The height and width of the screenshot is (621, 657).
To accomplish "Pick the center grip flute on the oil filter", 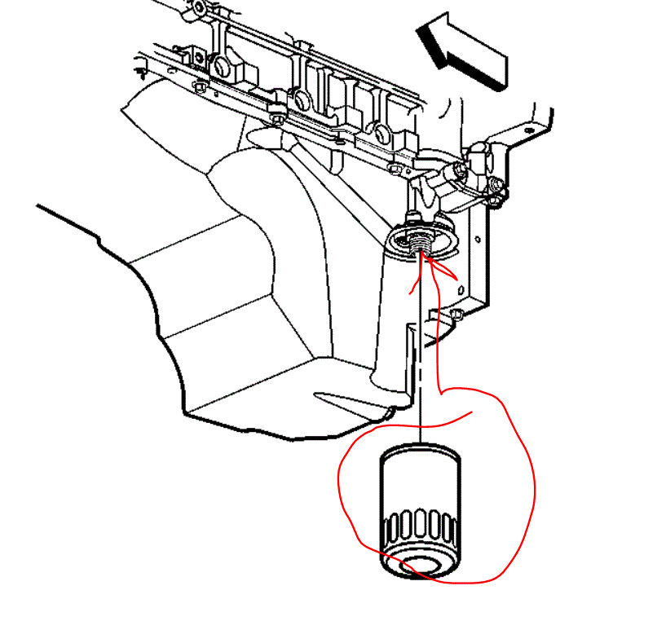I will (421, 526).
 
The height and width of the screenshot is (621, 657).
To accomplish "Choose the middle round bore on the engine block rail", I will (299, 99).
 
